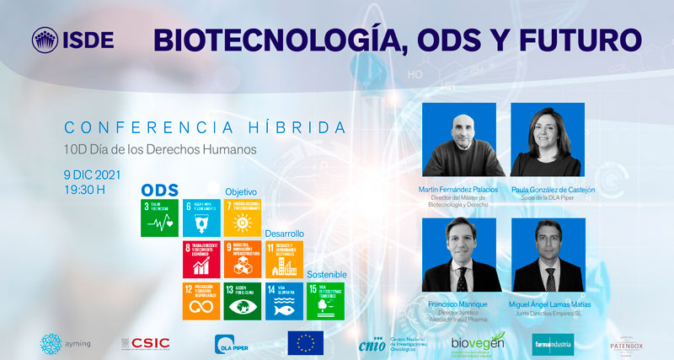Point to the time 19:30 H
tap(84, 189)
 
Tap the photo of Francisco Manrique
tap(457, 255)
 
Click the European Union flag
tap(305, 343)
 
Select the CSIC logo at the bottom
tap(148, 343)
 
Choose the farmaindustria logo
tap(554, 343)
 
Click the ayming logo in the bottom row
tap(66, 343)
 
